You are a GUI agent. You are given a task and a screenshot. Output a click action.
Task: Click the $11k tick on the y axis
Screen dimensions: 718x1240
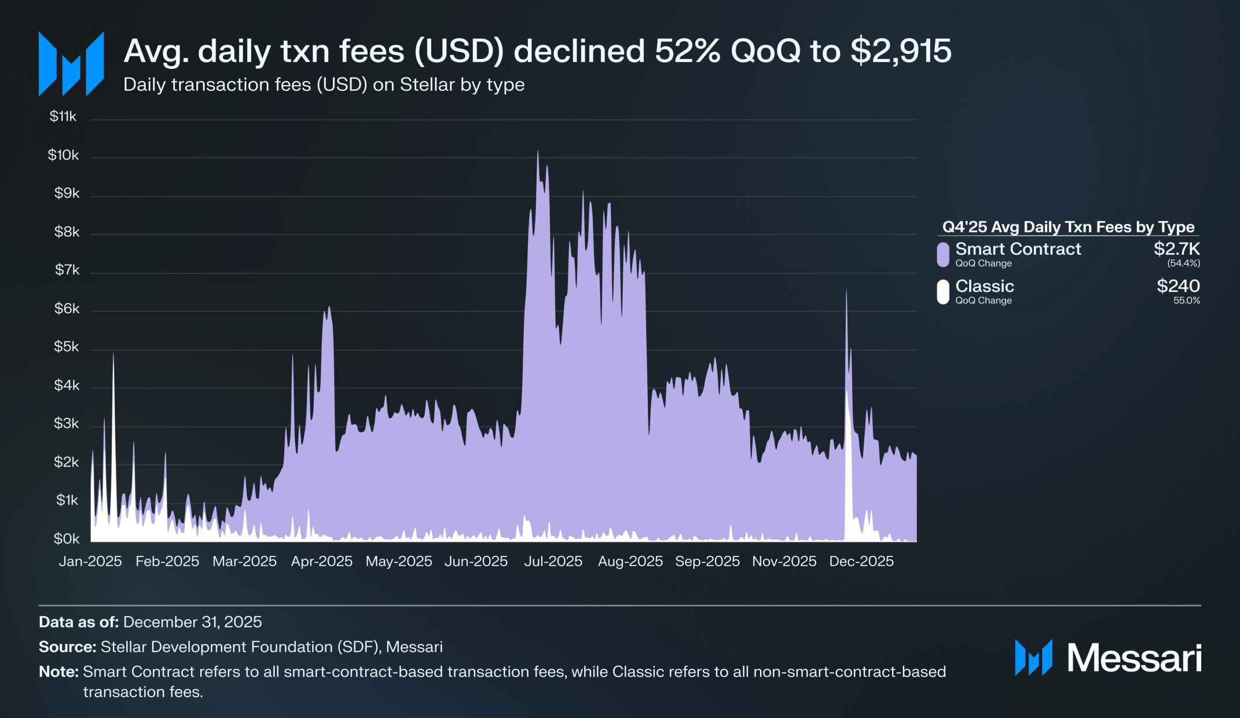[63, 116]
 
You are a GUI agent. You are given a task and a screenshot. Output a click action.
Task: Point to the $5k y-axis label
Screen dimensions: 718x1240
[67, 347]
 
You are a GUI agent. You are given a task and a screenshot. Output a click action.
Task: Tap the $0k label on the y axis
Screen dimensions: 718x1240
[67, 538]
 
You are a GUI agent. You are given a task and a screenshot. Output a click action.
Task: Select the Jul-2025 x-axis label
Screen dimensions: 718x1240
[553, 561]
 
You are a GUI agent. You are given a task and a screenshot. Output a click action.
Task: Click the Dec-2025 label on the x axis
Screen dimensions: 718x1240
[861, 561]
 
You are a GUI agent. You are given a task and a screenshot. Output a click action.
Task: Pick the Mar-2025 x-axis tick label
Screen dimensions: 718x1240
[244, 561]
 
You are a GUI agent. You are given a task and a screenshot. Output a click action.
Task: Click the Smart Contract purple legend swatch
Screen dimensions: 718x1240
[943, 255]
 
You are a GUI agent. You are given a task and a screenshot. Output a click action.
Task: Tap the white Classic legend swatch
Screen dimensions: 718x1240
[943, 292]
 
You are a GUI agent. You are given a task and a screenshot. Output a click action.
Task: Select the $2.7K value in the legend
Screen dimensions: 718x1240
[1176, 249]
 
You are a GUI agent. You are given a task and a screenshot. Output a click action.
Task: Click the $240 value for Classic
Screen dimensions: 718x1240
[1178, 286]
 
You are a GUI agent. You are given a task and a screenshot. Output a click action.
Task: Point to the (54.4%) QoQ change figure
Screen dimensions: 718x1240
[1183, 263]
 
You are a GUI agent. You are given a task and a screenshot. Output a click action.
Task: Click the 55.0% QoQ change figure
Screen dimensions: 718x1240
[1186, 301]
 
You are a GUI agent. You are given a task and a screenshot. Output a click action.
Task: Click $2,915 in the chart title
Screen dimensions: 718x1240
[901, 51]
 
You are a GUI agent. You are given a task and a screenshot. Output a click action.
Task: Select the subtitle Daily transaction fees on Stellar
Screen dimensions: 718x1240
[324, 85]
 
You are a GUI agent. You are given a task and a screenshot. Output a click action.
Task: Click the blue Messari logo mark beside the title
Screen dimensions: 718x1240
[71, 64]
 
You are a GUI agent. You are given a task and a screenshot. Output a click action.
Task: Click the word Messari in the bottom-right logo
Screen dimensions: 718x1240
[1134, 658]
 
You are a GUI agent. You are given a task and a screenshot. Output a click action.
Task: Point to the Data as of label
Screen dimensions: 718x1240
[79, 622]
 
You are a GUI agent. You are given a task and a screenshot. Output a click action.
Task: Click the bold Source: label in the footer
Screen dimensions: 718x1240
[67, 647]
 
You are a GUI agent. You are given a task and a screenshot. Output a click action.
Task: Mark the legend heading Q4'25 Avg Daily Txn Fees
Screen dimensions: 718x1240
[1068, 227]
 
